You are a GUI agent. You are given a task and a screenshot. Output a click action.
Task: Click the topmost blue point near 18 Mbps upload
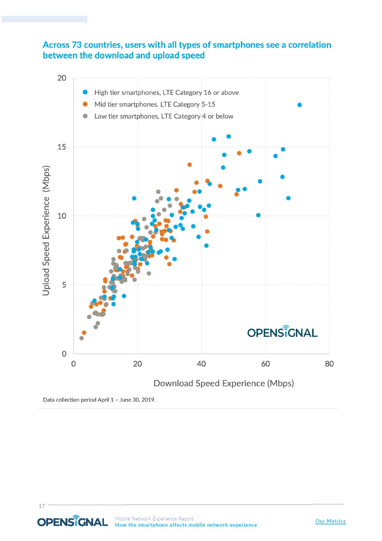300,105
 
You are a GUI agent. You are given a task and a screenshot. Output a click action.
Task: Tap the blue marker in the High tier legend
85,92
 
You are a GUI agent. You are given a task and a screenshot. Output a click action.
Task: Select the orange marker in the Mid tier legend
85,104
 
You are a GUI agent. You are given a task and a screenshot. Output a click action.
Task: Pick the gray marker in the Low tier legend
85,116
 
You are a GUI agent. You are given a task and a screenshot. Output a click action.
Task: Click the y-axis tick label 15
62,147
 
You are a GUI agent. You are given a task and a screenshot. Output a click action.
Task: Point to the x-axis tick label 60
265,364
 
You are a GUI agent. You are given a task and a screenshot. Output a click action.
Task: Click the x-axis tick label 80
329,364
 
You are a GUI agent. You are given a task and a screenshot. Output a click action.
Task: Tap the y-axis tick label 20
62,78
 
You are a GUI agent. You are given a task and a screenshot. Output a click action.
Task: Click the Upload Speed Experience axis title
46,231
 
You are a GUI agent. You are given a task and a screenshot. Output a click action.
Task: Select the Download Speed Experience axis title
223,383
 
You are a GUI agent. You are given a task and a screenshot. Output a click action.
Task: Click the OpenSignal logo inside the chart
282,332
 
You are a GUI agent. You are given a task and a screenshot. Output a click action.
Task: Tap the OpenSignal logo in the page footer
72,521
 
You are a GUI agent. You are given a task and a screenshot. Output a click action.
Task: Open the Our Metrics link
330,521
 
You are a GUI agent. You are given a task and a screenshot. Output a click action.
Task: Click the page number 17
42,506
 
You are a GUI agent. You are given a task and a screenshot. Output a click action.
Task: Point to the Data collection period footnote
99,400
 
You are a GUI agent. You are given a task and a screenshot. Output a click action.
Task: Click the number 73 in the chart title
77,45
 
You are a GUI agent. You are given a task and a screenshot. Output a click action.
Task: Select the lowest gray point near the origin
81,338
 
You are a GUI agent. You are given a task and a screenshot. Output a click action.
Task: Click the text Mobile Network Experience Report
154,519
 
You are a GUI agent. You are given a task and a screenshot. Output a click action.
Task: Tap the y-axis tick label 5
64,285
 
